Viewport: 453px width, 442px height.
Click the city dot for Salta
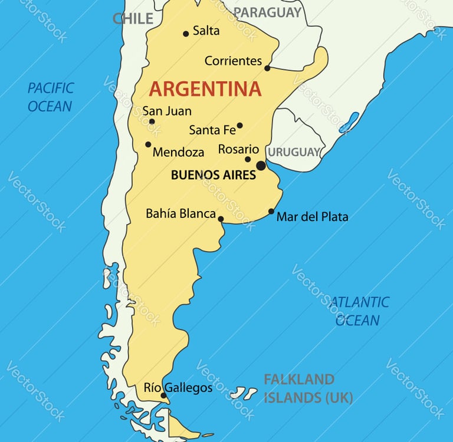pos(186,34)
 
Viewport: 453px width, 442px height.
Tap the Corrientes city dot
pos(267,68)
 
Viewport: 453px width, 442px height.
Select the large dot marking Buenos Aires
pos(261,166)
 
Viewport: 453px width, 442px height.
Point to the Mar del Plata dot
pos(271,211)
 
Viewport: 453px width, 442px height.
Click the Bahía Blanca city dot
pos(221,219)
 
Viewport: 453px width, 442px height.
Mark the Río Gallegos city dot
pos(163,395)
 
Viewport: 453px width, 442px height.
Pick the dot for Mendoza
pos(148,144)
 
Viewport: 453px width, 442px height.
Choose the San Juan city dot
pos(152,122)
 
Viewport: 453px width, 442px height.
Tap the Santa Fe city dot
pos(239,126)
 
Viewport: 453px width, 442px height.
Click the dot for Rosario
pos(248,159)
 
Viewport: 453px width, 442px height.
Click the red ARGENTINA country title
pos(205,89)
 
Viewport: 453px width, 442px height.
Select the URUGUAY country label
pos(294,152)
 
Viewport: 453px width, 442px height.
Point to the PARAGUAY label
pos(267,12)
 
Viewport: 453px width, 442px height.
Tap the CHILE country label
pos(133,18)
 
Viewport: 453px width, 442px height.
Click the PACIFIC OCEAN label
pos(51,97)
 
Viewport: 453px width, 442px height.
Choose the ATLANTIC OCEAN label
pos(359,311)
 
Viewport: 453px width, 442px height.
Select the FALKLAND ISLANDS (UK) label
pos(307,388)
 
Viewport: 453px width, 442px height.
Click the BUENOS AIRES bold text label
pos(213,175)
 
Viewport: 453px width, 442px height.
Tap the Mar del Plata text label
pos(312,217)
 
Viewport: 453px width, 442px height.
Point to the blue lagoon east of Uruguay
pos(349,123)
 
